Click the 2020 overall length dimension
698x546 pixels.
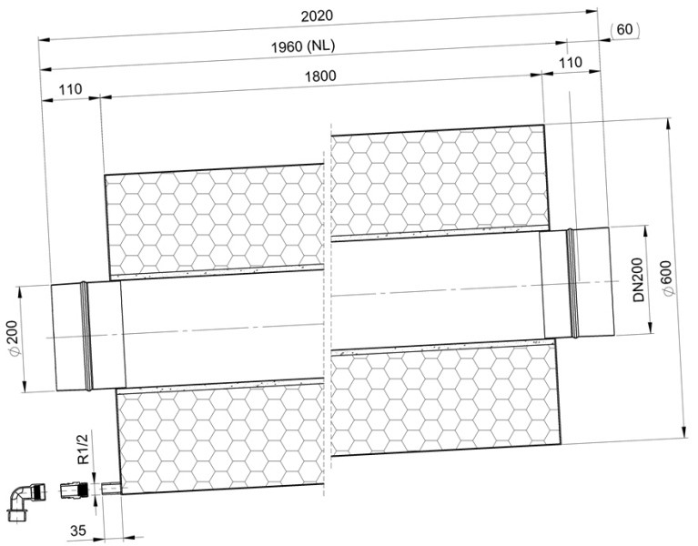[317, 16]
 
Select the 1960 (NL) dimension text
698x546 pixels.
[303, 46]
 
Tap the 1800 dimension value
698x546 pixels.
[320, 76]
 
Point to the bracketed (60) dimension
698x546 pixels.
[625, 29]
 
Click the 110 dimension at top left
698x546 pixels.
[70, 89]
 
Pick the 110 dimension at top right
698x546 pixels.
[571, 62]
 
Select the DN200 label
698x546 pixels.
[639, 280]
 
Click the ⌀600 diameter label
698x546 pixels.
[669, 278]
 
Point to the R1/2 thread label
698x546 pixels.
[83, 449]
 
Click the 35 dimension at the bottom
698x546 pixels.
[78, 531]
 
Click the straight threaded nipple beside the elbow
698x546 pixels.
[74, 490]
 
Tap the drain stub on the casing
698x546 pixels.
[110, 489]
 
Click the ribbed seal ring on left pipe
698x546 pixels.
[86, 336]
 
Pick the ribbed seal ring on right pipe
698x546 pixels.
[572, 283]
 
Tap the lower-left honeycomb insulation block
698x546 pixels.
[221, 437]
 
